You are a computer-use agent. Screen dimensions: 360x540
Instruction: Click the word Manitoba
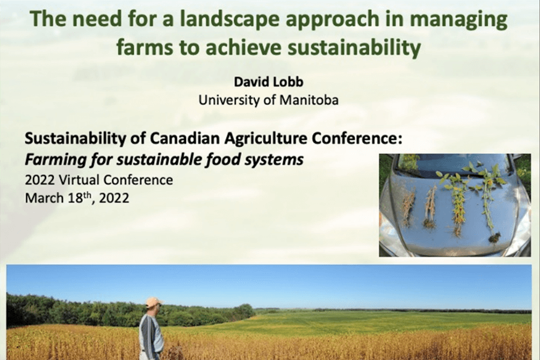tap(308, 100)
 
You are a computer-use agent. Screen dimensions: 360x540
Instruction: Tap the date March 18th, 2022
tap(77, 198)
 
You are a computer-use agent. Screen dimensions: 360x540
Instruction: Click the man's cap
tap(154, 302)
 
